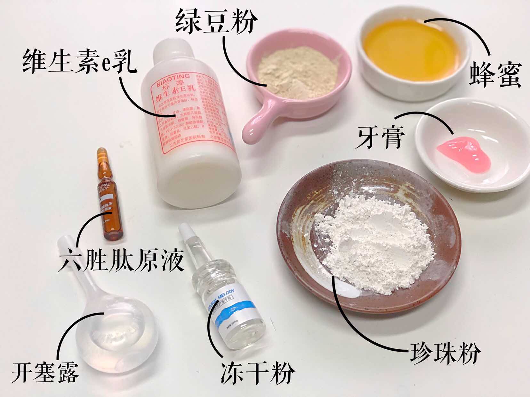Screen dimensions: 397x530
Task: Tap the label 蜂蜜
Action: pyautogui.click(x=495, y=74)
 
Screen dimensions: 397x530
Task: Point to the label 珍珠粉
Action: pyautogui.click(x=445, y=353)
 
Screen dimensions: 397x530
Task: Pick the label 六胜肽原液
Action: pyautogui.click(x=121, y=261)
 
